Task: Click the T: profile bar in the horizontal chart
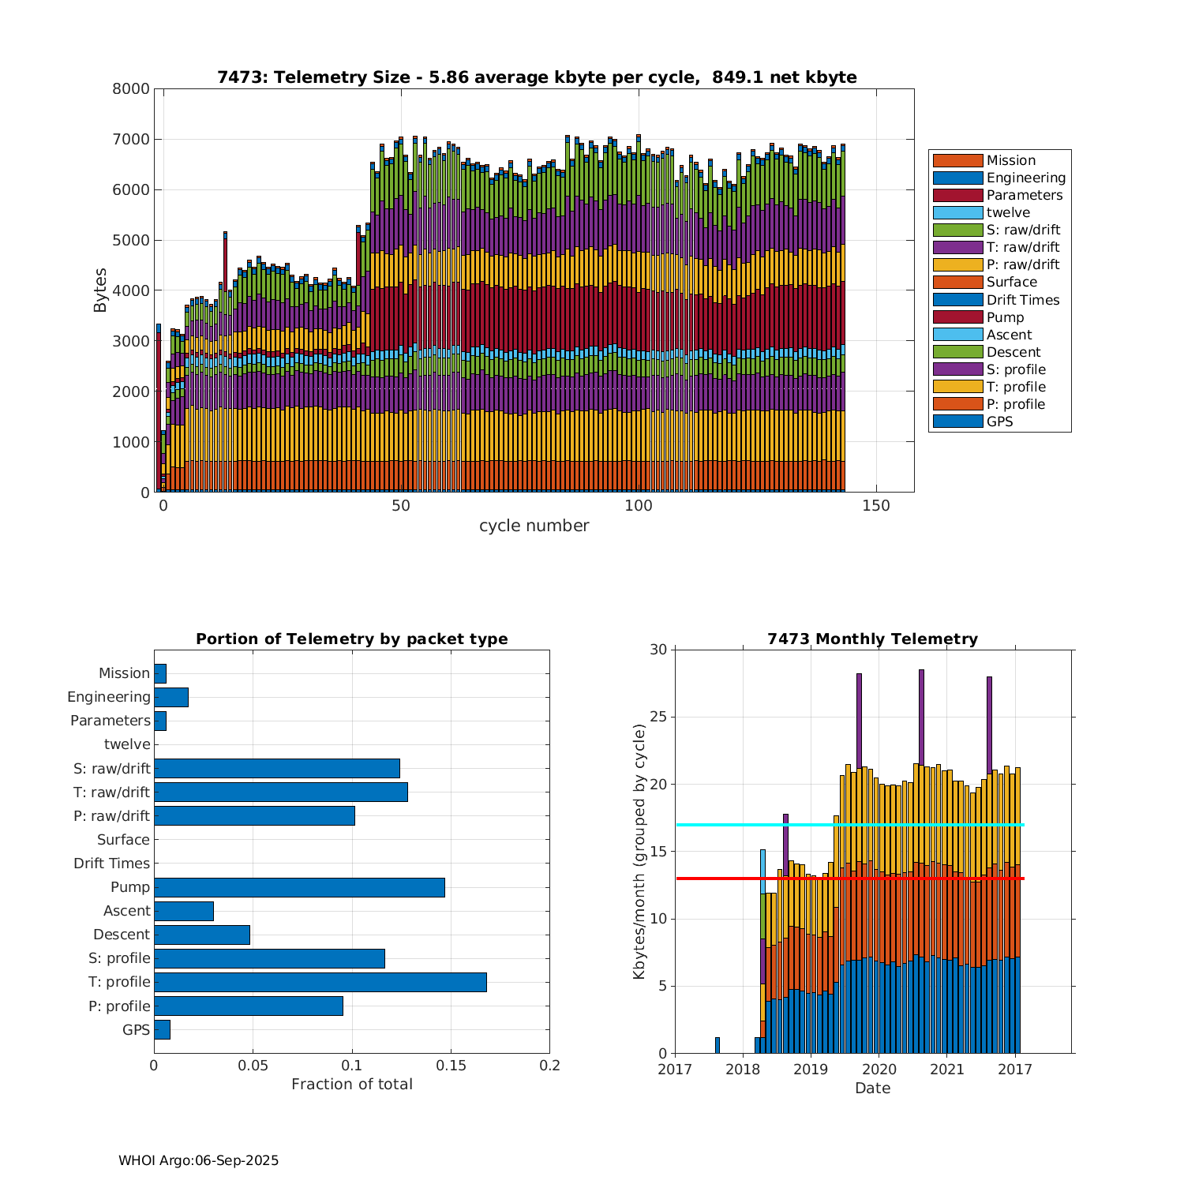click(320, 982)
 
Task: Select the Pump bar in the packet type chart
click(299, 887)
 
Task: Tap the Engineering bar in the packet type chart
click(171, 697)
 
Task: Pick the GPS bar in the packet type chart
click(162, 1029)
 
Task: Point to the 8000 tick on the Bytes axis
click(131, 89)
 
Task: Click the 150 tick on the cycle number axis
click(876, 505)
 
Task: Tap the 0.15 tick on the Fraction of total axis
click(451, 1066)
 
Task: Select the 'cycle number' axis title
click(534, 526)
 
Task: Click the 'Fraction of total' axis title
click(351, 1085)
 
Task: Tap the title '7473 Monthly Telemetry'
click(872, 639)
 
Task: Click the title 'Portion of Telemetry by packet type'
click(351, 639)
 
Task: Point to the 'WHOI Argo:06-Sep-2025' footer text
click(198, 1160)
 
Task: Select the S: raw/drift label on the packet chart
click(112, 769)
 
